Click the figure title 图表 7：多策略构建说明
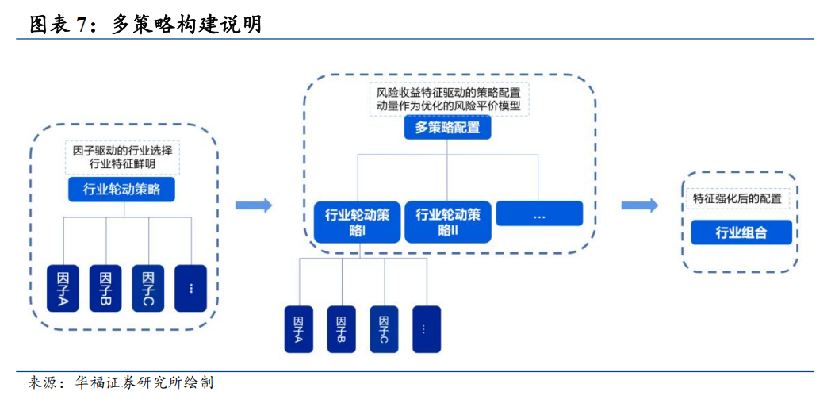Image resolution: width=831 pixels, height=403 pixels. (x=145, y=25)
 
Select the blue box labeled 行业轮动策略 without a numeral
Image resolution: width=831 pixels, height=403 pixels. (x=121, y=190)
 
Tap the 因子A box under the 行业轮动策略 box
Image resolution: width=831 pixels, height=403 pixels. (x=63, y=288)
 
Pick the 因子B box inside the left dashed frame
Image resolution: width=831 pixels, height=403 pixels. (x=105, y=288)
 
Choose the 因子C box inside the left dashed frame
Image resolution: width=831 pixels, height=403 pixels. (x=147, y=288)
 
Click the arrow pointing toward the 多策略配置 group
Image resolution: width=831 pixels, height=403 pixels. (x=253, y=205)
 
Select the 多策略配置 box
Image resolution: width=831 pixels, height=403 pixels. (x=447, y=128)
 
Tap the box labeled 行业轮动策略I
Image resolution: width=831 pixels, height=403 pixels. (x=357, y=221)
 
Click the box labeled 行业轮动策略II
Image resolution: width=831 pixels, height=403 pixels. (x=448, y=221)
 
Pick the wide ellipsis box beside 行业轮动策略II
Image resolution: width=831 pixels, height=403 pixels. (x=539, y=213)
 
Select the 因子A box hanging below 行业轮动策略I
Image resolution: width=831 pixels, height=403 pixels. (x=299, y=329)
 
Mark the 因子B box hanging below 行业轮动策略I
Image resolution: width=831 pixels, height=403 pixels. (x=342, y=329)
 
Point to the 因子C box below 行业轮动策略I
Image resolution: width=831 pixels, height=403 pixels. (x=385, y=329)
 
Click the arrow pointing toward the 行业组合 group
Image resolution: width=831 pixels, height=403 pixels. (x=640, y=205)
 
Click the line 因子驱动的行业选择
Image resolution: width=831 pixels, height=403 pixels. (x=122, y=150)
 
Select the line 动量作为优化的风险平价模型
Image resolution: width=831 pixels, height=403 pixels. (x=448, y=105)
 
